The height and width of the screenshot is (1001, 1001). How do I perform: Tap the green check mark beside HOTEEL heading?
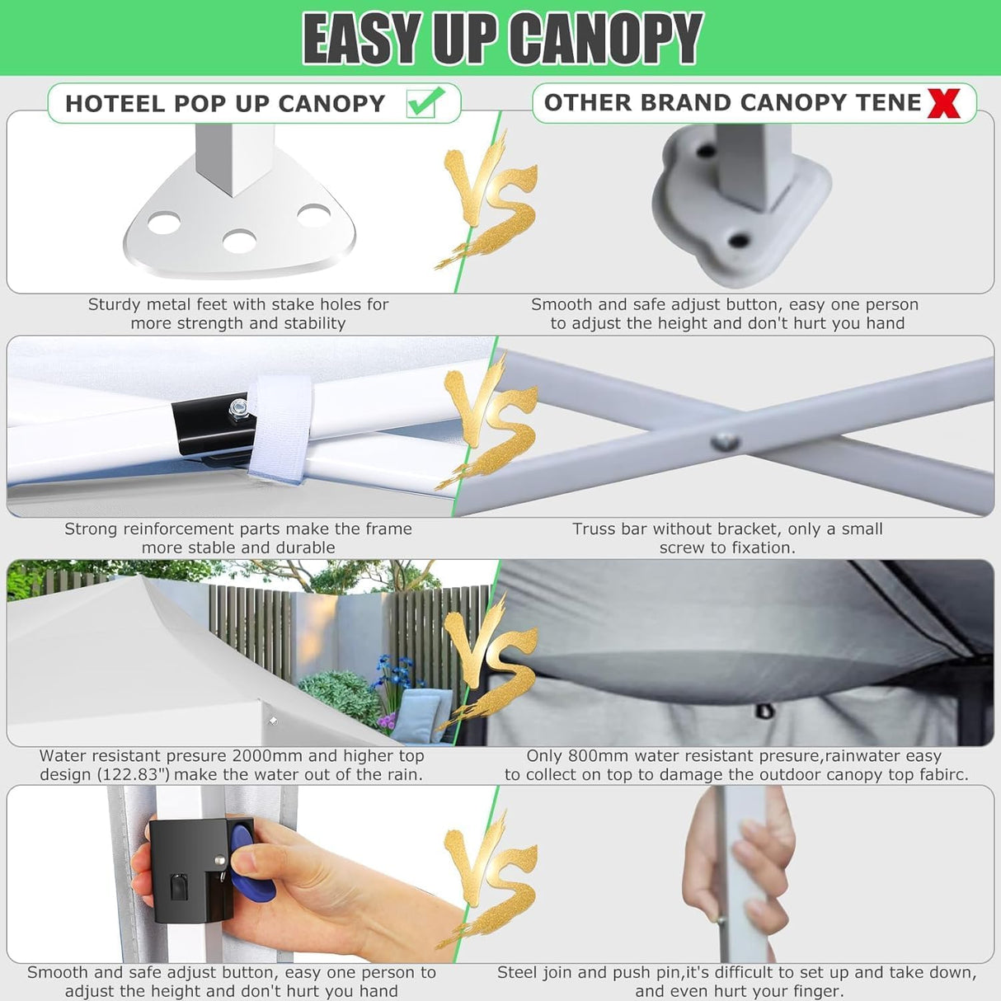click(x=425, y=102)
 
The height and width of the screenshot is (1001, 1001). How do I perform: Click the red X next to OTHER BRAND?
click(x=944, y=103)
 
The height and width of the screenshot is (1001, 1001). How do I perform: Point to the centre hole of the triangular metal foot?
click(x=238, y=242)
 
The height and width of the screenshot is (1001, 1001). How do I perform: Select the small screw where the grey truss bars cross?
click(x=723, y=441)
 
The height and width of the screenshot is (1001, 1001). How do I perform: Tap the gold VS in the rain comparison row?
click(x=490, y=660)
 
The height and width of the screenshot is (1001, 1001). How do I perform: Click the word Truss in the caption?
click(x=594, y=529)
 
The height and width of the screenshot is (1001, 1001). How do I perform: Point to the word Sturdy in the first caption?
click(x=115, y=304)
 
